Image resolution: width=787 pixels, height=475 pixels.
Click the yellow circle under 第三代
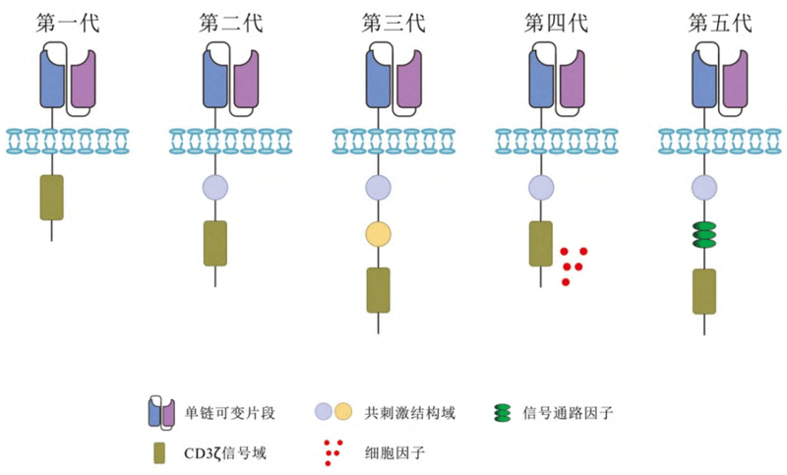379,234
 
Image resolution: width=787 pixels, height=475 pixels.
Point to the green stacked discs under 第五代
704,236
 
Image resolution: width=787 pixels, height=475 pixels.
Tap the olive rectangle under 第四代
541,243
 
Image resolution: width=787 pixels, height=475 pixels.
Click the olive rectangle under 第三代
379,289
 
